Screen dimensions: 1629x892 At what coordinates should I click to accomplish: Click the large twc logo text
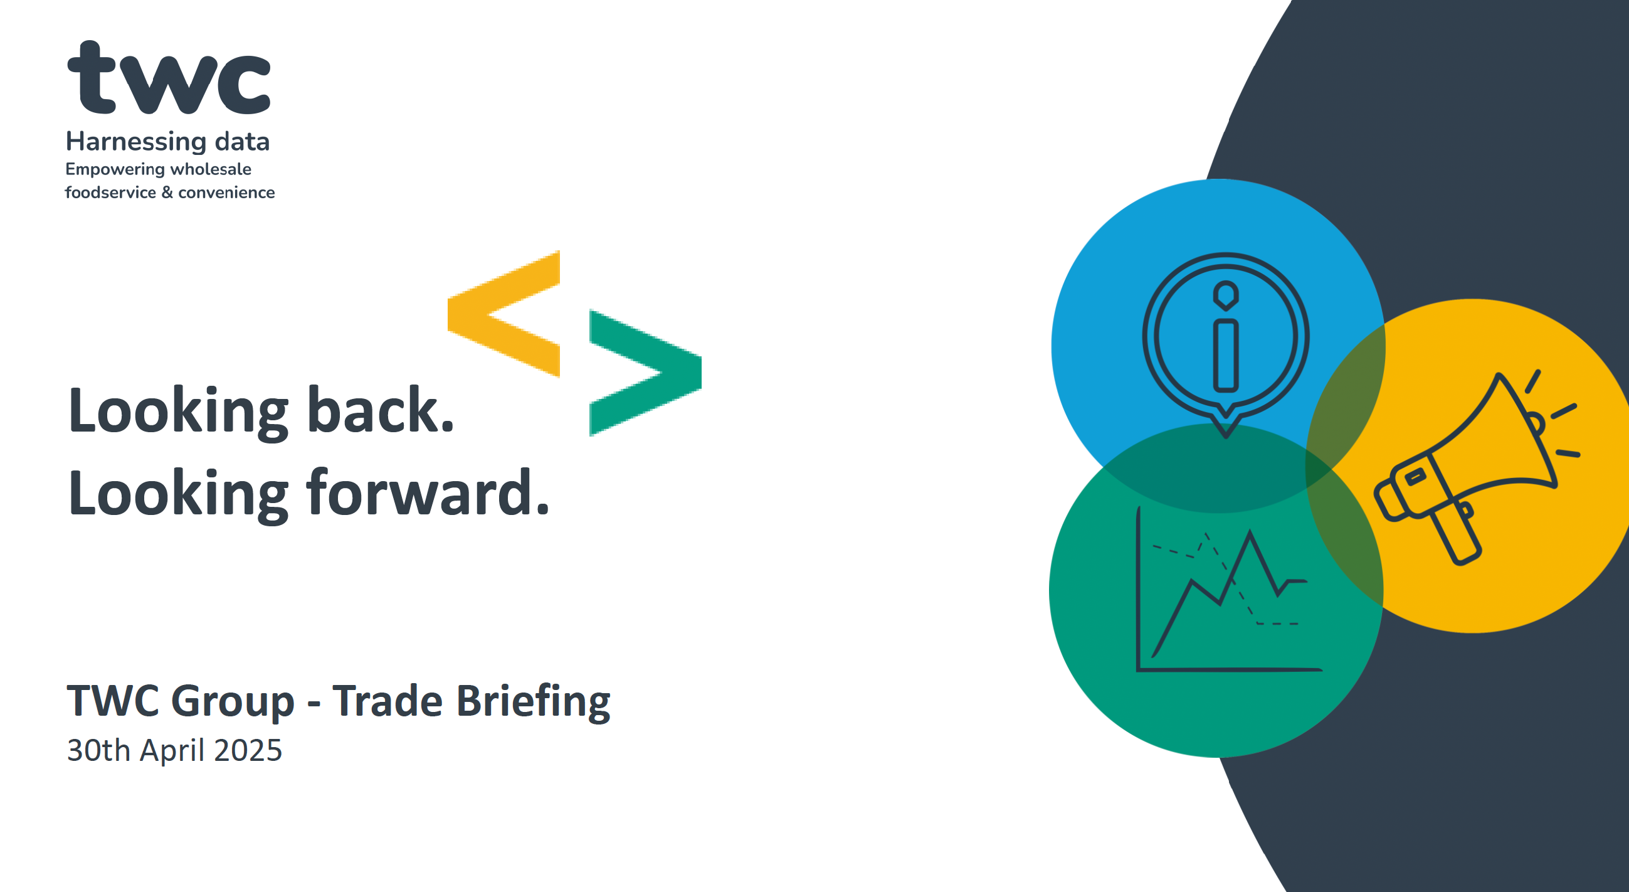pos(169,77)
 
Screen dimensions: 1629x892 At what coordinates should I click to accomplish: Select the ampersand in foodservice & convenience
pos(167,193)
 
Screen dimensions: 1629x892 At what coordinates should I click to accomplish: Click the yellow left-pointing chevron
pos(503,314)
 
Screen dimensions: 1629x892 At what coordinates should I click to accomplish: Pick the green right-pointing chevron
pos(646,373)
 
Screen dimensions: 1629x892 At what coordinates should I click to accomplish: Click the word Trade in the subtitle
pos(387,701)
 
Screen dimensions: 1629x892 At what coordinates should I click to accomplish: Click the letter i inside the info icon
pos(1226,336)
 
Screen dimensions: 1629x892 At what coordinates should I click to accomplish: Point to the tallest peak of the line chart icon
pos(1250,532)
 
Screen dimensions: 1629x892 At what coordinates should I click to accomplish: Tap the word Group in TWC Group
pos(233,702)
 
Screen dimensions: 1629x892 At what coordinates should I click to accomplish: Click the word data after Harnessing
pos(242,142)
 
